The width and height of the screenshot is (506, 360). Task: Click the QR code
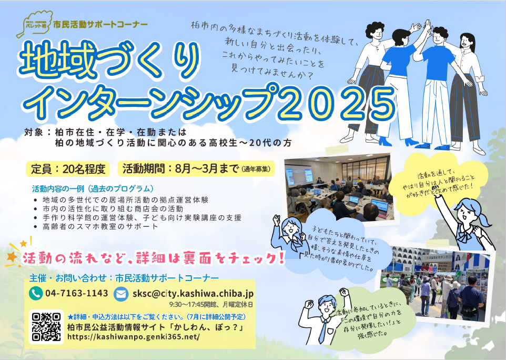click(46, 327)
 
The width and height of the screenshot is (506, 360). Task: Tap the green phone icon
click(36, 293)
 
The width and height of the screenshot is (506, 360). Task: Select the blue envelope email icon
click(121, 294)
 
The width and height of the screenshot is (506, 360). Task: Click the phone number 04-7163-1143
click(77, 293)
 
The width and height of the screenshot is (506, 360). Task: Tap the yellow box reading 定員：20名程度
click(68, 169)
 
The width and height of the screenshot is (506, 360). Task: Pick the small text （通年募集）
click(257, 169)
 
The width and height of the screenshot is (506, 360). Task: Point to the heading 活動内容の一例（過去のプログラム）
click(93, 188)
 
